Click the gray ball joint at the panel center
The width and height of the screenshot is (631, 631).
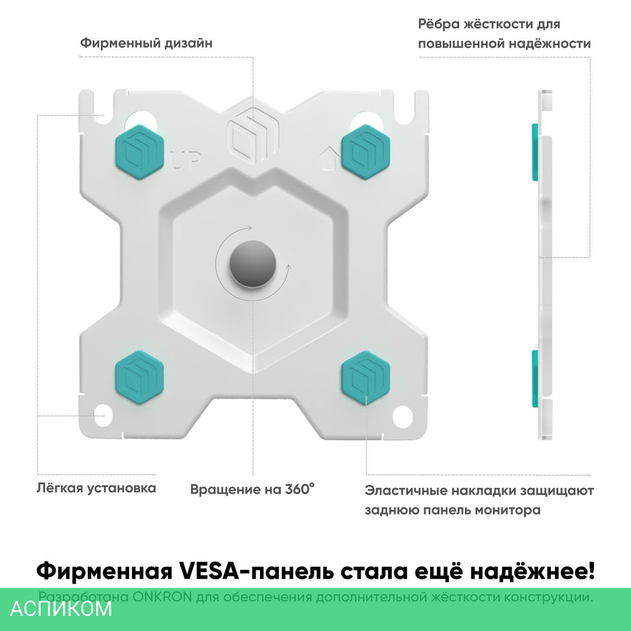click(x=251, y=263)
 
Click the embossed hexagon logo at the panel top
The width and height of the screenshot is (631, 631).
click(x=252, y=134)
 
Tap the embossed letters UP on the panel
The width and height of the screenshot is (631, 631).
click(x=186, y=163)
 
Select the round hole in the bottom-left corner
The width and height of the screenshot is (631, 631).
click(x=103, y=416)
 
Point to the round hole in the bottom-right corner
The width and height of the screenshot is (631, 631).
click(x=402, y=417)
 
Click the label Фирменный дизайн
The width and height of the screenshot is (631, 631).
click(x=146, y=44)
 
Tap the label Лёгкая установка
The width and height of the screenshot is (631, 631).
click(x=96, y=488)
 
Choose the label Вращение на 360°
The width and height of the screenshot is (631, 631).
click(x=252, y=489)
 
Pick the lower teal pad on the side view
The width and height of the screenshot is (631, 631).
click(x=534, y=378)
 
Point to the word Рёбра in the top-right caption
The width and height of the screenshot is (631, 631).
click(x=440, y=25)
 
